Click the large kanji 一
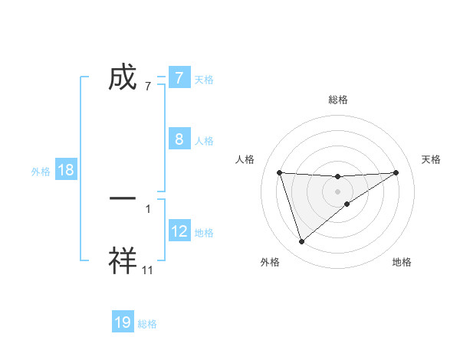pos(123,198)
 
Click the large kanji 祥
pos(123,261)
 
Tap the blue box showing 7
pos(179,78)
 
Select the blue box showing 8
pos(179,139)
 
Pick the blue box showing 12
pos(179,231)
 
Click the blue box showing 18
pos(66,170)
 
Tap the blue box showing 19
pos(123,322)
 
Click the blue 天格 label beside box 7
pos(204,79)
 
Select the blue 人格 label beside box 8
pos(204,141)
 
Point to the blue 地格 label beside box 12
pos(204,233)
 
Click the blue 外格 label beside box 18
pos(41,172)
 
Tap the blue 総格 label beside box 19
pos(147,324)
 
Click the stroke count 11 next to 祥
pos(148,270)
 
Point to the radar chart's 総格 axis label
pos(338,100)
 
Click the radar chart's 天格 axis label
pos(432,159)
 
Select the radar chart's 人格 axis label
pos(245,159)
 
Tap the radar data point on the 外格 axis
pos(301,242)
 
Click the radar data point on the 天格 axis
pos(396,172)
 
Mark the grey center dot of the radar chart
pos(338,191)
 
